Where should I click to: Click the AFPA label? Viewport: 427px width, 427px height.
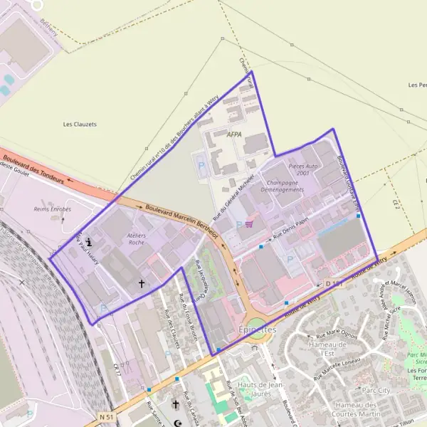[x=234, y=134]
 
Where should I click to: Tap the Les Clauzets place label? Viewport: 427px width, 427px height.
[x=79, y=124]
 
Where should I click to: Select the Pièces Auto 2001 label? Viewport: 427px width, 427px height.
[x=299, y=169]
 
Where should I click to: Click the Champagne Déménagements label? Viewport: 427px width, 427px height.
[x=282, y=186]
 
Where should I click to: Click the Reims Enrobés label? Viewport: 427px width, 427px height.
[x=53, y=209]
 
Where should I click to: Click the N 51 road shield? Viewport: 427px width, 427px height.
[x=107, y=416]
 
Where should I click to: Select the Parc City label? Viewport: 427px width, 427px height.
[x=376, y=390]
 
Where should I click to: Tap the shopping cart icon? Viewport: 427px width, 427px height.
[x=248, y=224]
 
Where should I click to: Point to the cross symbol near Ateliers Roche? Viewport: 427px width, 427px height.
[x=141, y=283]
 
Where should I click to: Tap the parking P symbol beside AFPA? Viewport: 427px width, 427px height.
[x=201, y=166]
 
